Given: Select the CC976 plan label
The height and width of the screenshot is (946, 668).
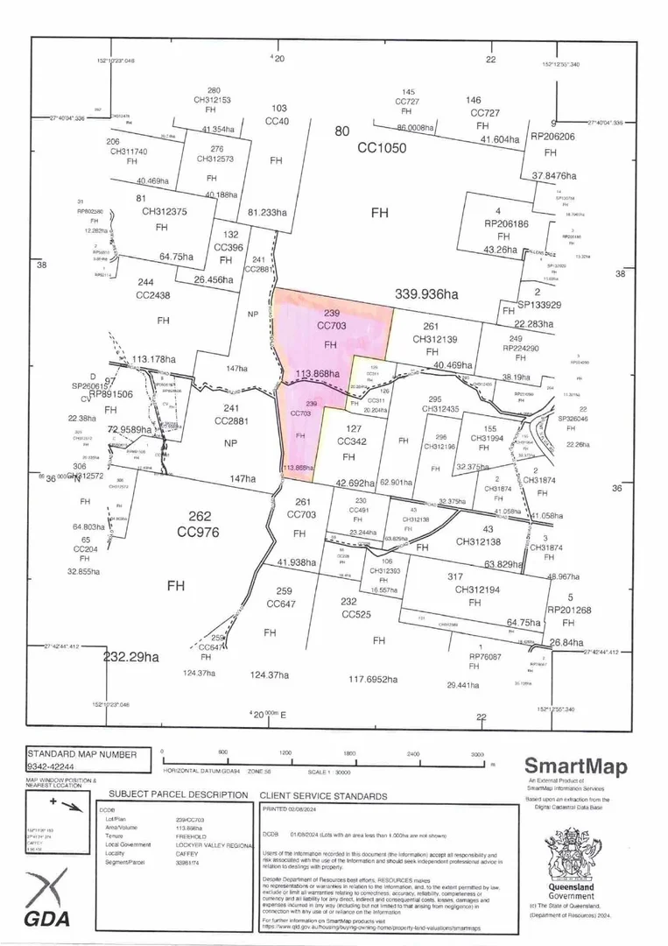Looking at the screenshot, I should pyautogui.click(x=197, y=532).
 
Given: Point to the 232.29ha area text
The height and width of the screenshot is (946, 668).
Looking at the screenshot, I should pyautogui.click(x=131, y=656).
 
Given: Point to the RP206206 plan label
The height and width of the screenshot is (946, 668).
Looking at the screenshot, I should pyautogui.click(x=552, y=137).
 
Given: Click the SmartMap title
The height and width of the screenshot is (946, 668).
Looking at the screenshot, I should pyautogui.click(x=575, y=767).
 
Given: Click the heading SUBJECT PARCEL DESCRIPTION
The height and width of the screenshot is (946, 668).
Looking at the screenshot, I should pyautogui.click(x=178, y=795).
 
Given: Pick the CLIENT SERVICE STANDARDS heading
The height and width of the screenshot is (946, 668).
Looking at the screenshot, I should pyautogui.click(x=323, y=796).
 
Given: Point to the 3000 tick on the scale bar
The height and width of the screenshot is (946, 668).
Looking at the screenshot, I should pyautogui.click(x=476, y=752).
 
